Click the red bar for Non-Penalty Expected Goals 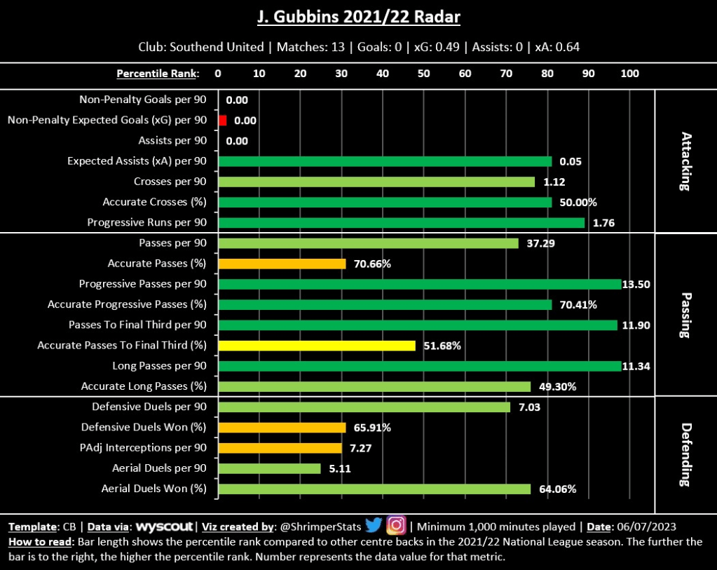click(x=223, y=121)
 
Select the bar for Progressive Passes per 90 click(x=420, y=284)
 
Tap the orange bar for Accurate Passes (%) click(x=282, y=264)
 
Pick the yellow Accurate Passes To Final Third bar click(x=317, y=346)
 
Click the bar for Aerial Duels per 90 click(x=269, y=468)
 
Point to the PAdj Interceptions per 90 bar click(x=280, y=448)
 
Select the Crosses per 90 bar click(x=376, y=182)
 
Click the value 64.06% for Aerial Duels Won click(x=558, y=489)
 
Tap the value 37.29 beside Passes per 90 click(x=541, y=243)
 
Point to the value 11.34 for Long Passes click(x=638, y=366)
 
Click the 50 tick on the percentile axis click(x=423, y=73)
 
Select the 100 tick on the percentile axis click(x=629, y=73)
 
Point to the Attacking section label click(x=685, y=161)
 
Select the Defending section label click(x=685, y=455)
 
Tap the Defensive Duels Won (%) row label click(x=144, y=428)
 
